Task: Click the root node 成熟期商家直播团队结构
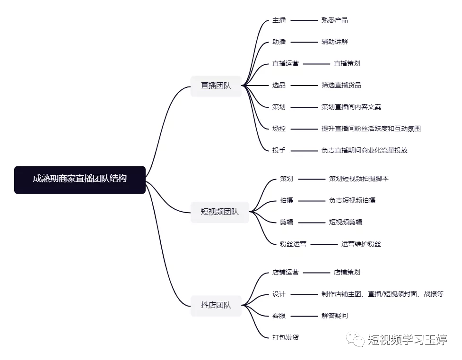pos(80,180)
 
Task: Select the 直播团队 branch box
pos(216,86)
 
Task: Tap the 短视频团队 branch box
pos(220,212)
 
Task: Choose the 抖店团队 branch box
pos(216,306)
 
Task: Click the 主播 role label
pos(279,20)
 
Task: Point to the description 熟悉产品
pos(335,20)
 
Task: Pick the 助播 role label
pos(279,42)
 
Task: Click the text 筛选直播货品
pos(341,86)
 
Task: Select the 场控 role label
pos(279,129)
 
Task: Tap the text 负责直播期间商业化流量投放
pos(365,150)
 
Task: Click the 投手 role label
pos(279,150)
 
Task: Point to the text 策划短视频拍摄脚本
pos(359,179)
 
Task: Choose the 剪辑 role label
pos(287,222)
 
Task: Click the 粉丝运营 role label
pos(293,244)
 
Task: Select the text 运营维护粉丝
pos(361,244)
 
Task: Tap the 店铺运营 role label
pos(286,272)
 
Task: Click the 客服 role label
pos(279,316)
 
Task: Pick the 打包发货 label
pos(286,338)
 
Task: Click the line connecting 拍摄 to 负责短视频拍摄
pos(312,201)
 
